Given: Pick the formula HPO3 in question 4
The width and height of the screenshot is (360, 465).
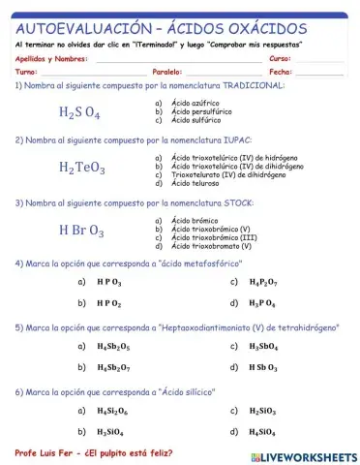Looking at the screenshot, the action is (x=109, y=282).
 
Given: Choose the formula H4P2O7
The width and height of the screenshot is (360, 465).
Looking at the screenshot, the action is (x=262, y=282).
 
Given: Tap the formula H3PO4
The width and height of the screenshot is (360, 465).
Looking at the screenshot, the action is (x=261, y=303).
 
